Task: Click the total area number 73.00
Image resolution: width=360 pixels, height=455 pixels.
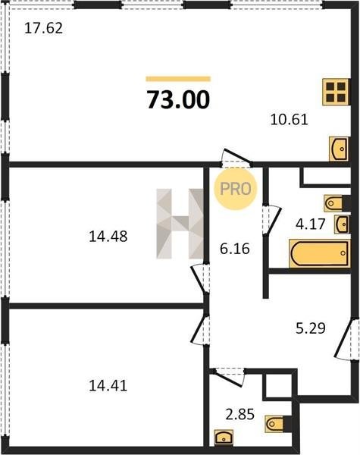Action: [178, 99]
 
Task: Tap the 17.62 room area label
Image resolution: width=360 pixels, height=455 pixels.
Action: [43, 29]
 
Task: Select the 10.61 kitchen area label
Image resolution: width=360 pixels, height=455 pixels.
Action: [289, 119]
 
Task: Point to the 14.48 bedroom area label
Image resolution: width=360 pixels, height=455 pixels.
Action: [108, 236]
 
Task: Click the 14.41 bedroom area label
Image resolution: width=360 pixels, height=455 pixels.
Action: [108, 386]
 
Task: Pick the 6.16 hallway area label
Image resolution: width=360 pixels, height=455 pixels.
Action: [235, 249]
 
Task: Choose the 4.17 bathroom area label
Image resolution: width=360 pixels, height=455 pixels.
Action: [311, 224]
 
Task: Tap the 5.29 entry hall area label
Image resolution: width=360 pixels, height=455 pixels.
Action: [311, 328]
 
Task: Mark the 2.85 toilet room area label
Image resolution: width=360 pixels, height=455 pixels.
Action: [240, 414]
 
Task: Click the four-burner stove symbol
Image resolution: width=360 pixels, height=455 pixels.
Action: [337, 92]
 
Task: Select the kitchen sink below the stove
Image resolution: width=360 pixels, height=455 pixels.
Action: [339, 149]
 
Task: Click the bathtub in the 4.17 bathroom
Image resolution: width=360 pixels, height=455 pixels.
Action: [320, 253]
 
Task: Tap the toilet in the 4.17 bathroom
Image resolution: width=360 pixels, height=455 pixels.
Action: [337, 203]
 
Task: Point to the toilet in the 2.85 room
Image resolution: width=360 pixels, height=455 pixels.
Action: [278, 424]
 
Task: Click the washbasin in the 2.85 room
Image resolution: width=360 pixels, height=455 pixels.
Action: [224, 438]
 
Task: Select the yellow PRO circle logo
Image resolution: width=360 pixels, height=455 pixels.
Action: [235, 189]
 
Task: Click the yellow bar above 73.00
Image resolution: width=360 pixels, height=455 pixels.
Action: [178, 79]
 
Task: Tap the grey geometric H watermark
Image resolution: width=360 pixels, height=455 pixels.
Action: [180, 224]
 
